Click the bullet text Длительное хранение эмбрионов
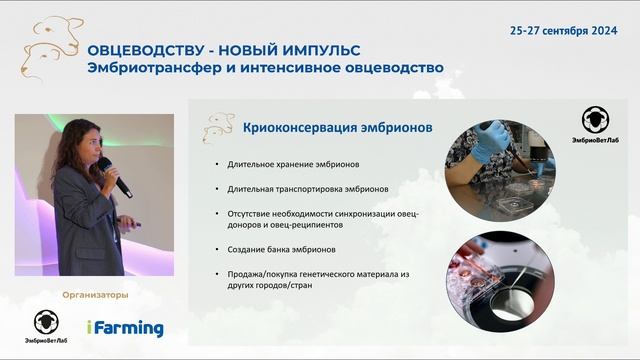click(286, 164)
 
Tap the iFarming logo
click(124, 327)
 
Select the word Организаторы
click(95, 294)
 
